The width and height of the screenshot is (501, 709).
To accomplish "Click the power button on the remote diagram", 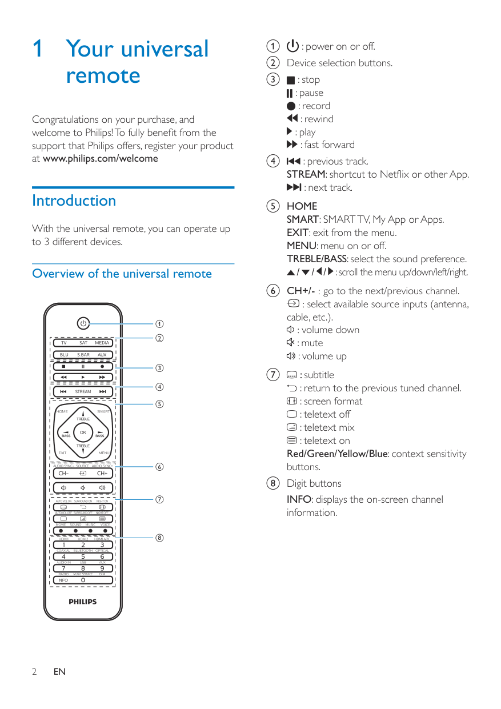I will [83, 323].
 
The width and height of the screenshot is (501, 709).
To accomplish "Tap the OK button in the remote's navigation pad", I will [83, 432].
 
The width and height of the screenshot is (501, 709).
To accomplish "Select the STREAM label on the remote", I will [83, 392].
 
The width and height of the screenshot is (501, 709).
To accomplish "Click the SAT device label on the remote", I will [83, 343].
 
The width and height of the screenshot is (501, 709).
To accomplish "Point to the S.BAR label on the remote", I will [83, 355].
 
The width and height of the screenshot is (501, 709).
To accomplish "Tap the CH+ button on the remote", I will [102, 473].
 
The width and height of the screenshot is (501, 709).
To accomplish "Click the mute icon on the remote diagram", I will [83, 487].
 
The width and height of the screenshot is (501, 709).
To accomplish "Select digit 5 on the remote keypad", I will [83, 556].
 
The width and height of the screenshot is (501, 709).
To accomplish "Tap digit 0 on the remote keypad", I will [83, 580].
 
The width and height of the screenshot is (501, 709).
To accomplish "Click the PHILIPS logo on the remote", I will [83, 602].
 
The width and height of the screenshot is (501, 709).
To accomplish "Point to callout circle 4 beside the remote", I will [160, 387].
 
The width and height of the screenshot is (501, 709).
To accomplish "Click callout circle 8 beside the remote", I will [160, 538].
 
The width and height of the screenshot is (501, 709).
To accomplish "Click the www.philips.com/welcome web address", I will [101, 159].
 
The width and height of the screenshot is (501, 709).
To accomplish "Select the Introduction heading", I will [74, 201].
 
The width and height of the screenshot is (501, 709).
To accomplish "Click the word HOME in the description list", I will [302, 206].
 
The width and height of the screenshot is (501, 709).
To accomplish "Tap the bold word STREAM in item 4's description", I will [306, 174].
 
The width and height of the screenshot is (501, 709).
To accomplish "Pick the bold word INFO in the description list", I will [299, 499].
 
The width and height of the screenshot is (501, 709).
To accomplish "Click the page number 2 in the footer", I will [34, 672].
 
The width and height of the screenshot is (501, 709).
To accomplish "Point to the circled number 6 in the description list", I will [275, 291].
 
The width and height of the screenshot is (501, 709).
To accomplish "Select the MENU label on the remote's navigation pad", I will [104, 453].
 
